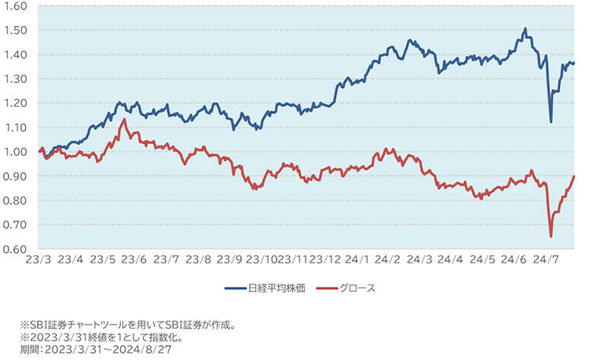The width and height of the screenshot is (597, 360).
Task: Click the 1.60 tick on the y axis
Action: pyautogui.click(x=15, y=6)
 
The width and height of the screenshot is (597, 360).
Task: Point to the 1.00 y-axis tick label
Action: pyautogui.click(x=15, y=152)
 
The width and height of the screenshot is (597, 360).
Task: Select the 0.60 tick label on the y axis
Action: pyautogui.click(x=15, y=249)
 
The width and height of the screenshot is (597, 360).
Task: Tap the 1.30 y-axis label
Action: pyautogui.click(x=15, y=79)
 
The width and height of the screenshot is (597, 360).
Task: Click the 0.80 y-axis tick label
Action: pyautogui.click(x=15, y=200)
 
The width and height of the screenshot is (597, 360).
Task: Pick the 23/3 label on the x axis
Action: pyautogui.click(x=38, y=259)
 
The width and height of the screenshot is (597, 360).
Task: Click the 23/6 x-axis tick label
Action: pyautogui.click(x=134, y=259)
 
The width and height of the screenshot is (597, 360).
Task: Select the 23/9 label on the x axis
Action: pyautogui.click(x=229, y=259)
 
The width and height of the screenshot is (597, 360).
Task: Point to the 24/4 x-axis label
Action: pyautogui.click(x=452, y=259)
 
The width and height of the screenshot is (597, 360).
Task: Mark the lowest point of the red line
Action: pyautogui.click(x=551, y=237)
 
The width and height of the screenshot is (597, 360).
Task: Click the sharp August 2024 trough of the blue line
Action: pyautogui.click(x=551, y=122)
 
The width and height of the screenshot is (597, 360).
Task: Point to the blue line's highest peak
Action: pyautogui.click(x=525, y=29)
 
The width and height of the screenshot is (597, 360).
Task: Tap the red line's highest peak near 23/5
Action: pyautogui.click(x=123, y=119)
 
